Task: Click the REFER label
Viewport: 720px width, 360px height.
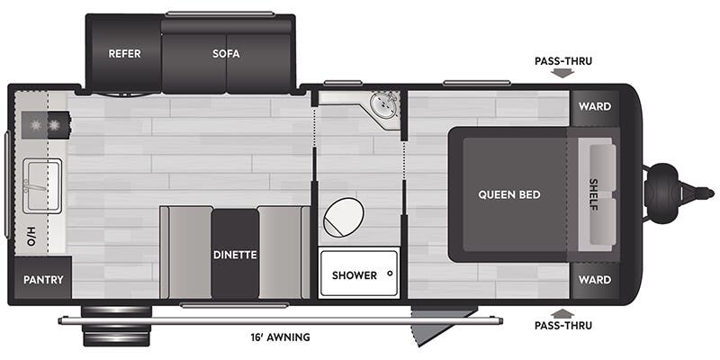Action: [124, 54]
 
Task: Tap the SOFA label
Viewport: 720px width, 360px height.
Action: [226, 54]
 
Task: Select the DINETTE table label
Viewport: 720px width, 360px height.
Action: [235, 255]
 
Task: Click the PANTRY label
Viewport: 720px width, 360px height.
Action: [43, 280]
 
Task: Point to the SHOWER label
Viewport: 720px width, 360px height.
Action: [355, 275]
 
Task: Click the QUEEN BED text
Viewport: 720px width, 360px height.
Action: [509, 194]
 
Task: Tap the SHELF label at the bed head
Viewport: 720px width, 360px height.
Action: [594, 194]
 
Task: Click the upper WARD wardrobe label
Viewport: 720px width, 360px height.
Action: [595, 107]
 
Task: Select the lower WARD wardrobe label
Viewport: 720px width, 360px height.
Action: [595, 280]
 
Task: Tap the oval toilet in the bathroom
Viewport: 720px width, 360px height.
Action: [344, 218]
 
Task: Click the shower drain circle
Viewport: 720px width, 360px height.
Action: [390, 274]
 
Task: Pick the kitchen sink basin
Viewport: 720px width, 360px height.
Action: [41, 186]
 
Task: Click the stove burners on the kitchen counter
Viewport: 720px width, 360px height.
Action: [46, 125]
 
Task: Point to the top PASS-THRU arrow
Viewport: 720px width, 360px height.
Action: [562, 73]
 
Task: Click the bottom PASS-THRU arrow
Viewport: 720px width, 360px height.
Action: [562, 313]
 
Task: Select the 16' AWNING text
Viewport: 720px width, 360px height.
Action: [280, 337]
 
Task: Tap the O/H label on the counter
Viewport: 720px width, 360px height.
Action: [31, 236]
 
